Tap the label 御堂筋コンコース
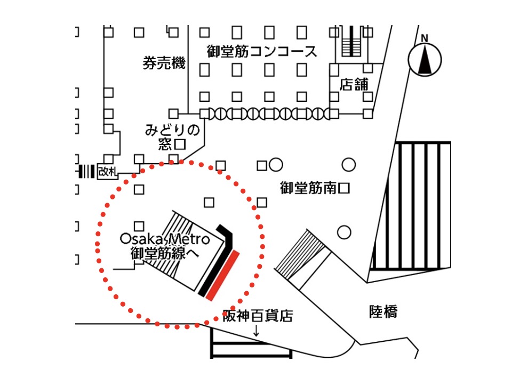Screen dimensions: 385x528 [262, 52]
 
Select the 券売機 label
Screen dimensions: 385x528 [164, 63]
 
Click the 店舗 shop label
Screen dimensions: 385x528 [354, 84]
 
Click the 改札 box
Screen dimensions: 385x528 [107, 171]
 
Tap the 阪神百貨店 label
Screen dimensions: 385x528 [258, 316]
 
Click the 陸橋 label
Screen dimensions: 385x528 [383, 312]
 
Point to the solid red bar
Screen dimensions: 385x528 [225, 275]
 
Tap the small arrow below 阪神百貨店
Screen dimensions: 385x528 [256, 331]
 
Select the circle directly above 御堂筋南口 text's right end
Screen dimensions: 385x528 [348, 165]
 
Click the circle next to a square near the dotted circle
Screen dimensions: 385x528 [275, 165]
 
